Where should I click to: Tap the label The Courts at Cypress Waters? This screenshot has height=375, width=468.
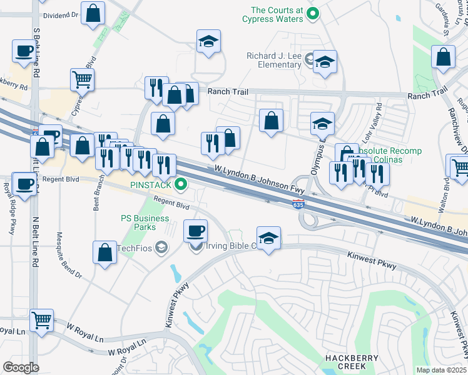pyautogui.click(x=277, y=14)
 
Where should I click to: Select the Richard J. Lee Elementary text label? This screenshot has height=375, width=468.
pyautogui.click(x=274, y=60)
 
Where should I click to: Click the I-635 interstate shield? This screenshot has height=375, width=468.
pyautogui.click(x=298, y=204)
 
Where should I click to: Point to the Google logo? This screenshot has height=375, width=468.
pyautogui.click(x=21, y=367)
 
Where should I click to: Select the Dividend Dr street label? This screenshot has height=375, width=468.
pyautogui.click(x=60, y=15)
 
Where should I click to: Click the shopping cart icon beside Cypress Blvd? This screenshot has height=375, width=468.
pyautogui.click(x=82, y=79)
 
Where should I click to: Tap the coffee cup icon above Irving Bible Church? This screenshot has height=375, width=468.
pyautogui.click(x=195, y=231)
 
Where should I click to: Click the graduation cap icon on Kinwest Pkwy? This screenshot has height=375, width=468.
pyautogui.click(x=268, y=238)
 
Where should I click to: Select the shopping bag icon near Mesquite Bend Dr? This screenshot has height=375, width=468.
pyautogui.click(x=104, y=252)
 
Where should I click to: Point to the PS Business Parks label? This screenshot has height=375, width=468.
pyautogui.click(x=145, y=222)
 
